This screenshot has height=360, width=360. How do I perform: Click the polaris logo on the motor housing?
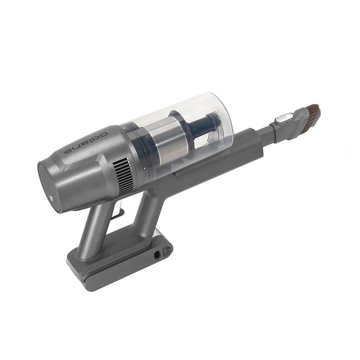click(88, 142)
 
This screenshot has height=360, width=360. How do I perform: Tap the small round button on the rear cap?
click(50, 197)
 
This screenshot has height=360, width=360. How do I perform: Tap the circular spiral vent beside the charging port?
click(166, 250)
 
